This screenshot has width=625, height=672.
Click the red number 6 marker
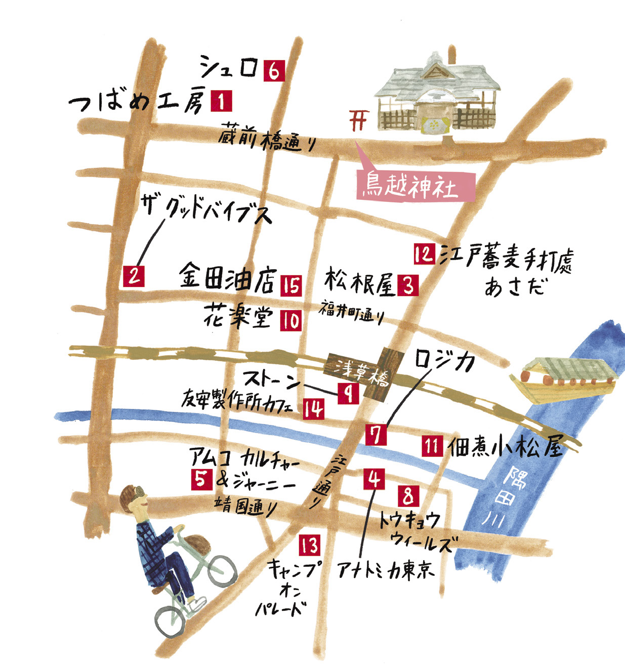coord(273,71)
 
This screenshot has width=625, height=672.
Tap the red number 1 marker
coord(221,101)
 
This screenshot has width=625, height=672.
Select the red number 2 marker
coord(133,276)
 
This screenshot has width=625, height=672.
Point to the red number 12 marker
coord(424,254)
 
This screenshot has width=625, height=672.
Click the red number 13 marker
coord(309,545)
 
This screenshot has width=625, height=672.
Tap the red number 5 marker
coord(201,479)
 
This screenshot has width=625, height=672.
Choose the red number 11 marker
coord(432,446)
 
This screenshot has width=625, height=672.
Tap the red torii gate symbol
coord(359,120)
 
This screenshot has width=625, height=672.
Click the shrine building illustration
coord(435,96)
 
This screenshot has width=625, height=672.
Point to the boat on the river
coord(564,380)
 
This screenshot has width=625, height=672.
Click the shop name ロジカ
coord(445,361)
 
